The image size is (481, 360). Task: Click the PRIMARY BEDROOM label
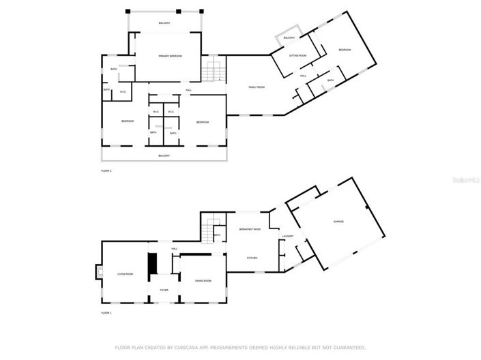(x=171, y=56)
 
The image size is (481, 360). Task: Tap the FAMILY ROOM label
(x=257, y=87)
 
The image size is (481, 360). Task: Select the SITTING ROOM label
(x=297, y=55)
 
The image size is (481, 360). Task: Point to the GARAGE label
(x=338, y=222)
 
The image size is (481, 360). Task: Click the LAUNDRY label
(x=288, y=237)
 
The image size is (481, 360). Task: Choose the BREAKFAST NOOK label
(x=250, y=230)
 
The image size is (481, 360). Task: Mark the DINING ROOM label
(x=203, y=281)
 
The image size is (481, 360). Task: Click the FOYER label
(x=164, y=290)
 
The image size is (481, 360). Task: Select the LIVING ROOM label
(x=125, y=274)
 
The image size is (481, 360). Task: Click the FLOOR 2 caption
(x=106, y=170)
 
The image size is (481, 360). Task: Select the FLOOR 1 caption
(x=106, y=313)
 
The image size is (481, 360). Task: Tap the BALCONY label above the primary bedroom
(x=164, y=23)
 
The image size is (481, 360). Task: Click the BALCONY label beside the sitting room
(x=289, y=37)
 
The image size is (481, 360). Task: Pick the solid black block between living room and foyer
(x=153, y=263)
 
